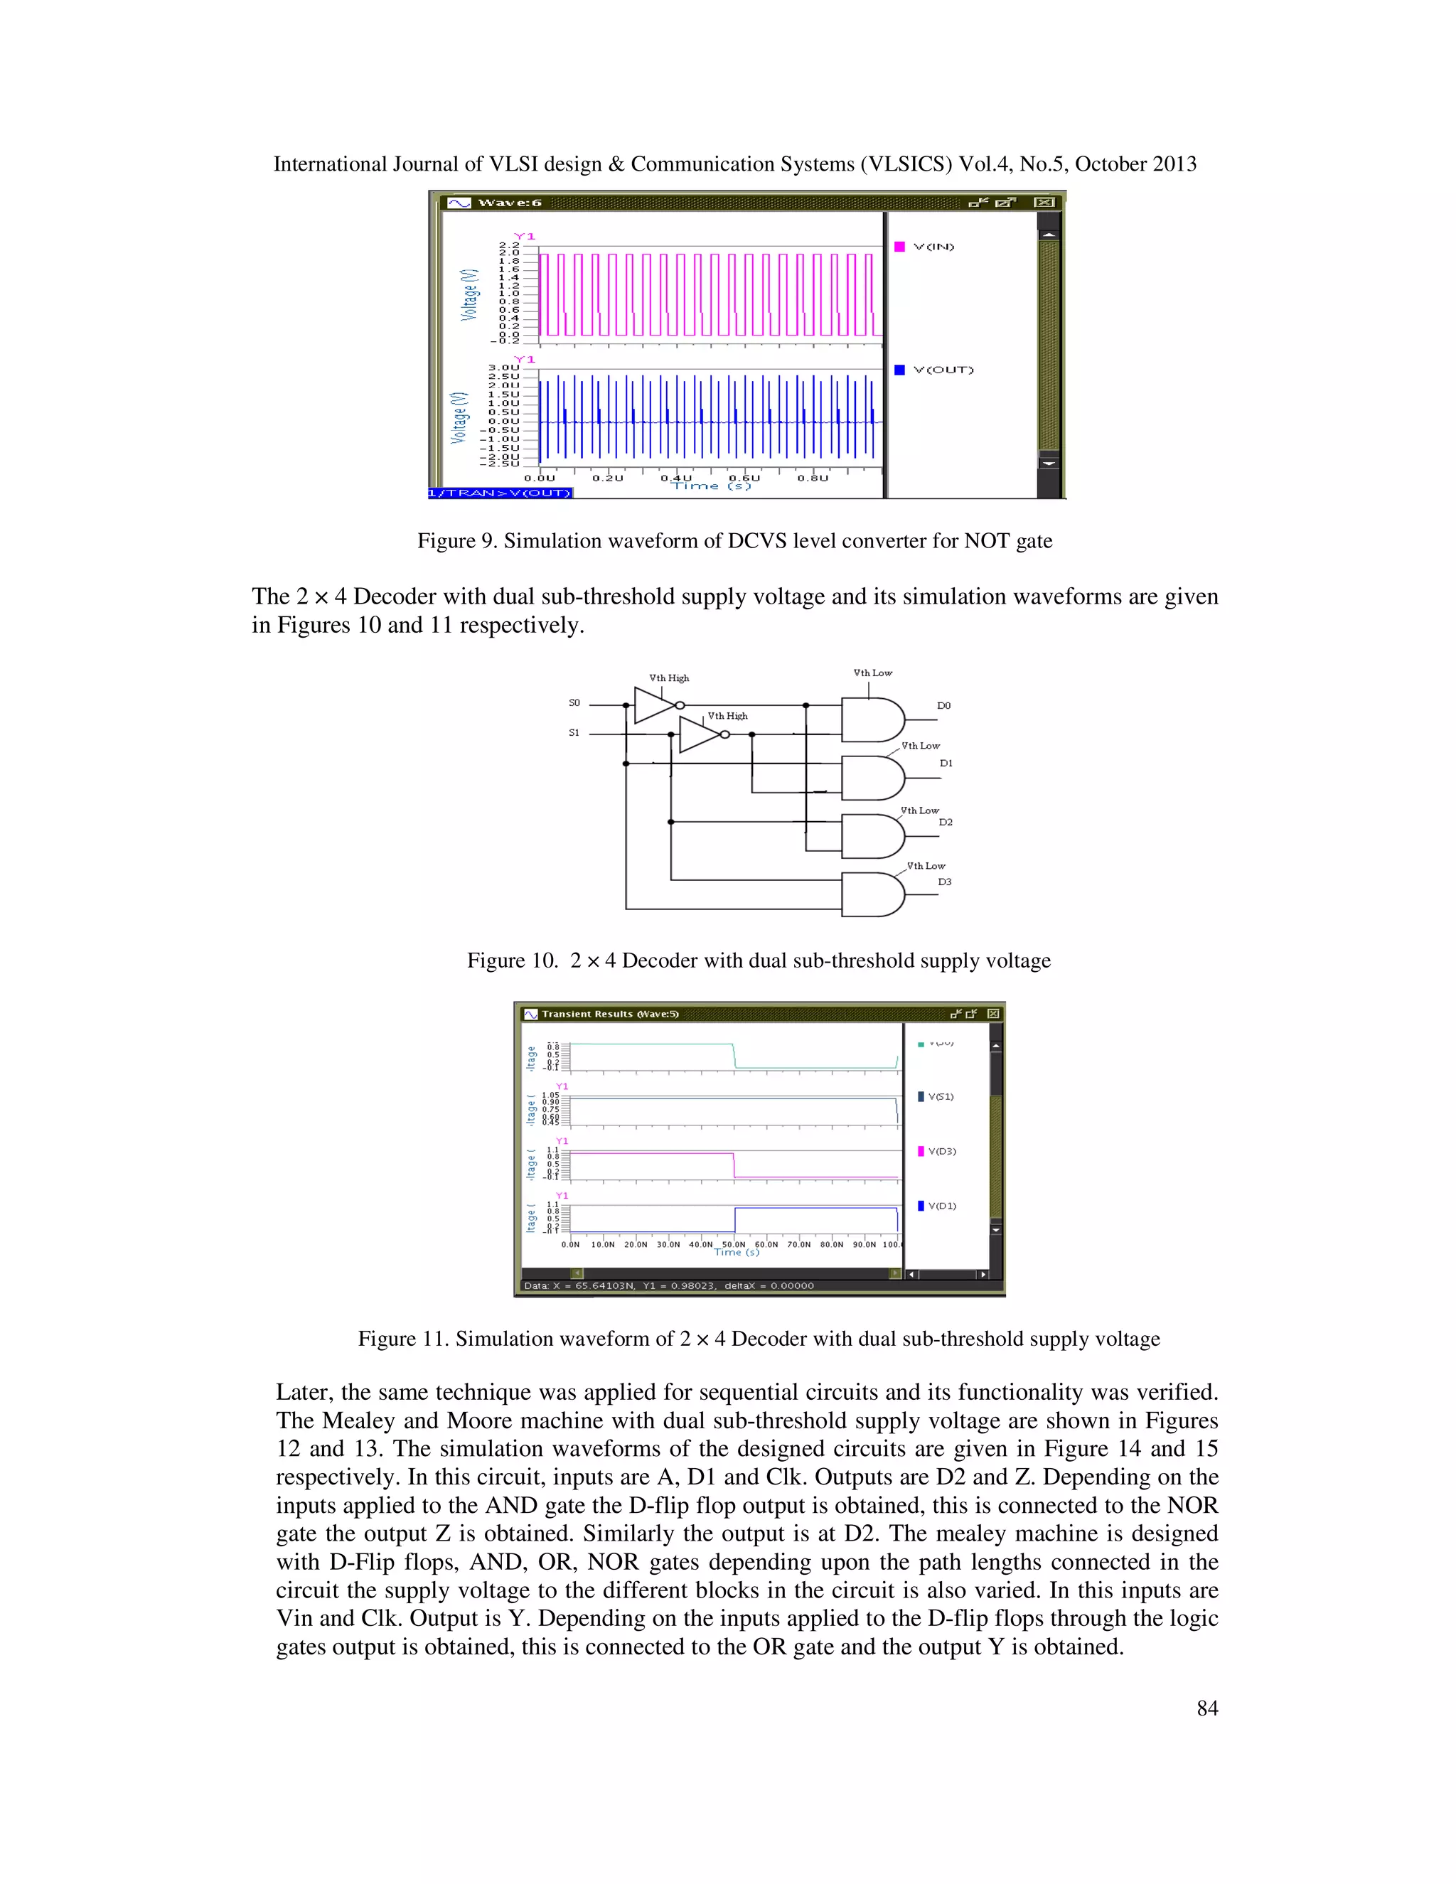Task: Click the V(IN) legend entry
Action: click(x=933, y=247)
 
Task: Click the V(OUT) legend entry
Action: click(x=942, y=370)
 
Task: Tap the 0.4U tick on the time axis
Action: click(x=675, y=478)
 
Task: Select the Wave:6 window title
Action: click(x=509, y=203)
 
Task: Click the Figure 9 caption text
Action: click(x=734, y=541)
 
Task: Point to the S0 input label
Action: click(x=574, y=703)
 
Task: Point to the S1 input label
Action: click(x=574, y=733)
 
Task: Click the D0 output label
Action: click(x=943, y=706)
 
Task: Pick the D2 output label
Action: click(x=946, y=822)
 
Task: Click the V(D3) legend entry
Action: click(x=941, y=1152)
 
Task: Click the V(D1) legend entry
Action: click(x=941, y=1206)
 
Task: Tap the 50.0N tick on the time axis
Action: click(x=733, y=1244)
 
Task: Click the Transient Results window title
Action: click(x=609, y=1014)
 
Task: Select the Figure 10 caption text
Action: click(x=758, y=961)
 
